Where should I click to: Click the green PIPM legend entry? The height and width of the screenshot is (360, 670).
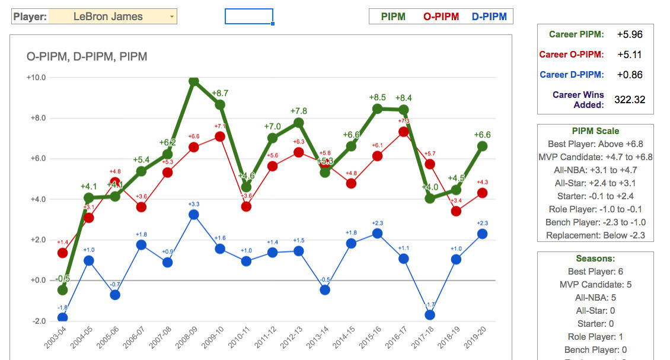393,17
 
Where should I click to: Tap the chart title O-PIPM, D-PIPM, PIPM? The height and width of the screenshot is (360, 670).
87,57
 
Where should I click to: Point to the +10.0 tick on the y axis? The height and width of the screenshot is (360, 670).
37,78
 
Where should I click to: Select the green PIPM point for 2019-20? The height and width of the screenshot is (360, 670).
483,146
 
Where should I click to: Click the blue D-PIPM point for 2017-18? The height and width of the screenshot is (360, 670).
430,315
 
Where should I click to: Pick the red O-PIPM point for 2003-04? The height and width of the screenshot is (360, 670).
62,253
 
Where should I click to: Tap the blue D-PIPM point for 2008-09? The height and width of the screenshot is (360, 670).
193,215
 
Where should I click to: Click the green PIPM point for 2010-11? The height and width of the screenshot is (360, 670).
246,187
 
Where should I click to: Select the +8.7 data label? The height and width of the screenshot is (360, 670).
220,93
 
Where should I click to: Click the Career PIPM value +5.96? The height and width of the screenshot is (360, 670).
629,34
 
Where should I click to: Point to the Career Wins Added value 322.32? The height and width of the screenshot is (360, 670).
629,100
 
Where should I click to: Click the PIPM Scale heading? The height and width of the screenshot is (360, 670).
595,131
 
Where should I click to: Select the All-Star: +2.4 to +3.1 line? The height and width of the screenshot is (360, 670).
595,183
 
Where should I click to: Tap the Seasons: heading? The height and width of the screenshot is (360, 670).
595,259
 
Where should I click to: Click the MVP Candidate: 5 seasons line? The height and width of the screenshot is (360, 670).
595,285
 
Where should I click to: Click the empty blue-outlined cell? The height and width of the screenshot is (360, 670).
248,17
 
